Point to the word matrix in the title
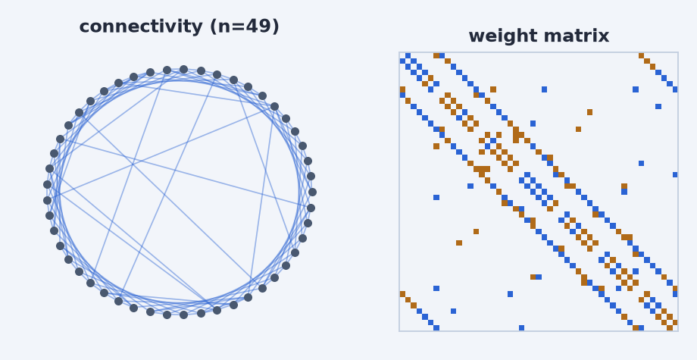tap(574, 36)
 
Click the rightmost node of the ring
tap(312, 192)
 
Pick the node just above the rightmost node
tap(311, 176)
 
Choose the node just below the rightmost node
tap(311, 208)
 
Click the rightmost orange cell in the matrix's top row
tap(641, 55)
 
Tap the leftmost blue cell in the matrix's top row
tap(408, 55)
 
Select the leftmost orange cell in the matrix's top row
tap(436, 55)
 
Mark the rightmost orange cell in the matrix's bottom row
tap(670, 328)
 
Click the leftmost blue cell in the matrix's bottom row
tap(436, 328)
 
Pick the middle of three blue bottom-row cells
tap(521, 328)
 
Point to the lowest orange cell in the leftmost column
tap(402, 294)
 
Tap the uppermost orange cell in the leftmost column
tap(402, 89)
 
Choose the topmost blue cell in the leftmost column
tap(402, 61)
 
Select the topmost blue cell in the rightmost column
tap(675, 89)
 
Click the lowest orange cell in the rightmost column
tap(675, 322)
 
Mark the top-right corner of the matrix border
tap(678, 52)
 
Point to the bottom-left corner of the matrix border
tap(399, 331)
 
